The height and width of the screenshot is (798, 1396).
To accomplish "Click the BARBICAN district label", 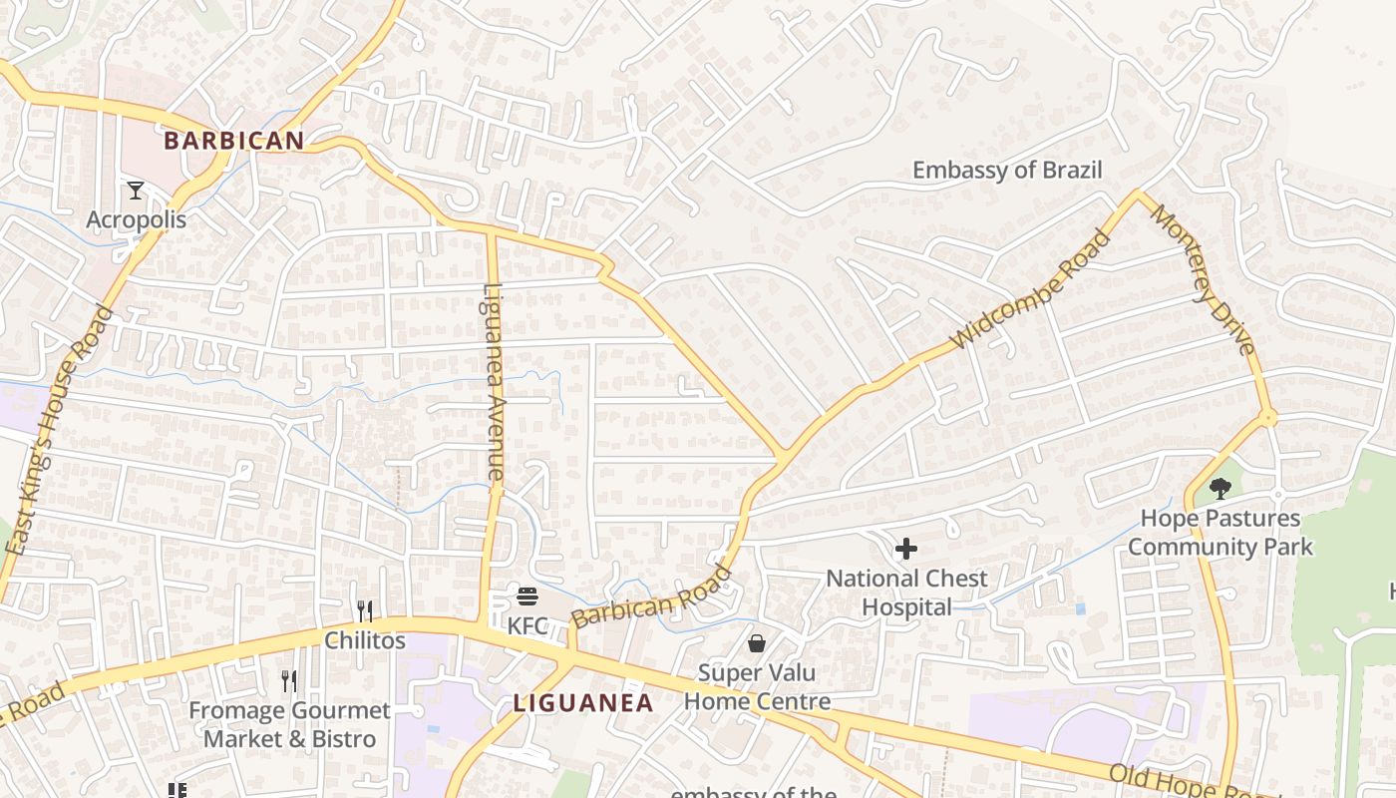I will point(233,141).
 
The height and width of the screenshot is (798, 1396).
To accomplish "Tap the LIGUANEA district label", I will point(583,703).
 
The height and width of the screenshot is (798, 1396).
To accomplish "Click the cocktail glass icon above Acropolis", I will point(136,190).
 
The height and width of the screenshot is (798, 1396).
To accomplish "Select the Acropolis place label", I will point(136,219).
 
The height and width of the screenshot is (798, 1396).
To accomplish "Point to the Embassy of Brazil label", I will point(1007,171).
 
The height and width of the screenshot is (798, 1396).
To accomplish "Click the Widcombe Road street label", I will point(1031,289).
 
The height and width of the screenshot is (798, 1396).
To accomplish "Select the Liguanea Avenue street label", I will point(495,384).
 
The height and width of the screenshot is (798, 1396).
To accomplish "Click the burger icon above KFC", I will point(527,597).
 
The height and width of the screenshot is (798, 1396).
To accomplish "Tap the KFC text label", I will point(527,626).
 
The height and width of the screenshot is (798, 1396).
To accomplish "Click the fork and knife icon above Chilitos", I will point(365,610).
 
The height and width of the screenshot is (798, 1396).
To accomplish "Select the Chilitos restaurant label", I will point(365,640).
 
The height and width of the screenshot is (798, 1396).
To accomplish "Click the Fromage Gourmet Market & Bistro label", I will point(289,725).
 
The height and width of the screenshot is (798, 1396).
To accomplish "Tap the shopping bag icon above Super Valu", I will point(757,643).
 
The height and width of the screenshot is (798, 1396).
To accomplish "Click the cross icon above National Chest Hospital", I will point(906,549).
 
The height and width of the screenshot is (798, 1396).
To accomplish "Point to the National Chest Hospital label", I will point(906,593).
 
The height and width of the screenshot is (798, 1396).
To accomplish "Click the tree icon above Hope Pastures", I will point(1220,488).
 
